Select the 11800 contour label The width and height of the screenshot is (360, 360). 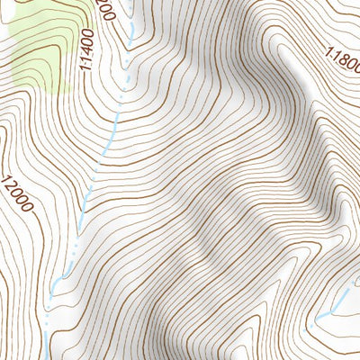pos(341,64)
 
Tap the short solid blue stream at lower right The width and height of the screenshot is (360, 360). pos(335,302)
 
